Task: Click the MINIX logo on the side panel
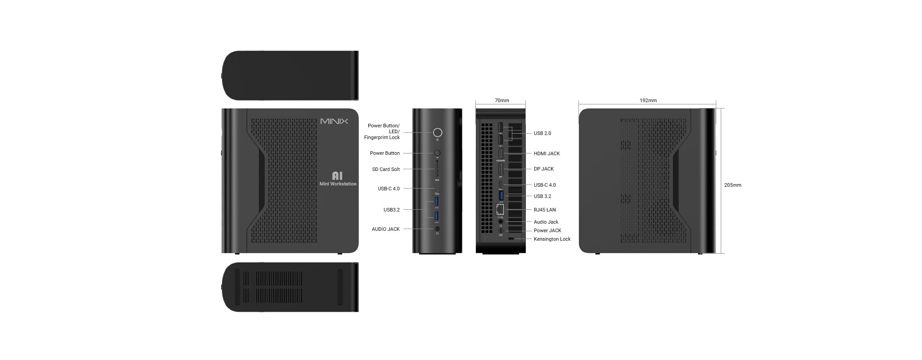click(x=334, y=121)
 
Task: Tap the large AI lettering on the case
click(x=337, y=176)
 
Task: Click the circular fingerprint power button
click(x=437, y=132)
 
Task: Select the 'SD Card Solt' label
click(x=386, y=169)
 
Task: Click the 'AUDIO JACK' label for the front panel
click(x=385, y=229)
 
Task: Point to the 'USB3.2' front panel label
click(x=391, y=210)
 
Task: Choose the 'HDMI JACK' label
click(x=547, y=153)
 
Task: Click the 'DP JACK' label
click(x=543, y=169)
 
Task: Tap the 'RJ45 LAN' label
click(x=544, y=210)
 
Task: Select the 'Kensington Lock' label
click(x=552, y=239)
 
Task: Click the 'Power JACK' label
click(x=547, y=230)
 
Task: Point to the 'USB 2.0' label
click(x=542, y=133)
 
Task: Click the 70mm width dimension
click(x=502, y=100)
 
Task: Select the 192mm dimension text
click(x=648, y=100)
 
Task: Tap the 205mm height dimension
click(x=732, y=185)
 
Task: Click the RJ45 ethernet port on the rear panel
click(x=500, y=209)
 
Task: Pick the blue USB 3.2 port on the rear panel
click(x=501, y=195)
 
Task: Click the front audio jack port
click(x=437, y=229)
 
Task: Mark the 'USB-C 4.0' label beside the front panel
click(x=389, y=189)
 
